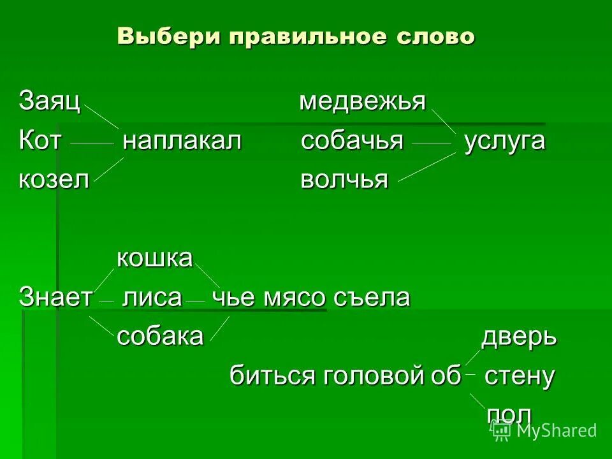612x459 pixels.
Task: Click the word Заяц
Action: [49, 101]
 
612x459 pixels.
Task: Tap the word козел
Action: [54, 180]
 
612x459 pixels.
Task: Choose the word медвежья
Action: [362, 101]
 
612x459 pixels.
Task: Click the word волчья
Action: [344, 180]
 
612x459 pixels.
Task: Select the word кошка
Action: [154, 258]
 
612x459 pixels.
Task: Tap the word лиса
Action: [151, 297]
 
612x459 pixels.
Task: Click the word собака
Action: [159, 336]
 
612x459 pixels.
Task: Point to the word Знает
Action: [56, 297]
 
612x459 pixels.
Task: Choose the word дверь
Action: [519, 337]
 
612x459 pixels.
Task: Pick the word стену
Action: [520, 376]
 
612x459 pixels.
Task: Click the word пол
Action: [509, 414]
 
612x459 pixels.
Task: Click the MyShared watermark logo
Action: [546, 430]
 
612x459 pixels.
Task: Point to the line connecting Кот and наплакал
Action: [91, 144]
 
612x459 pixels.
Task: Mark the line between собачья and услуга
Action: [433, 144]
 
